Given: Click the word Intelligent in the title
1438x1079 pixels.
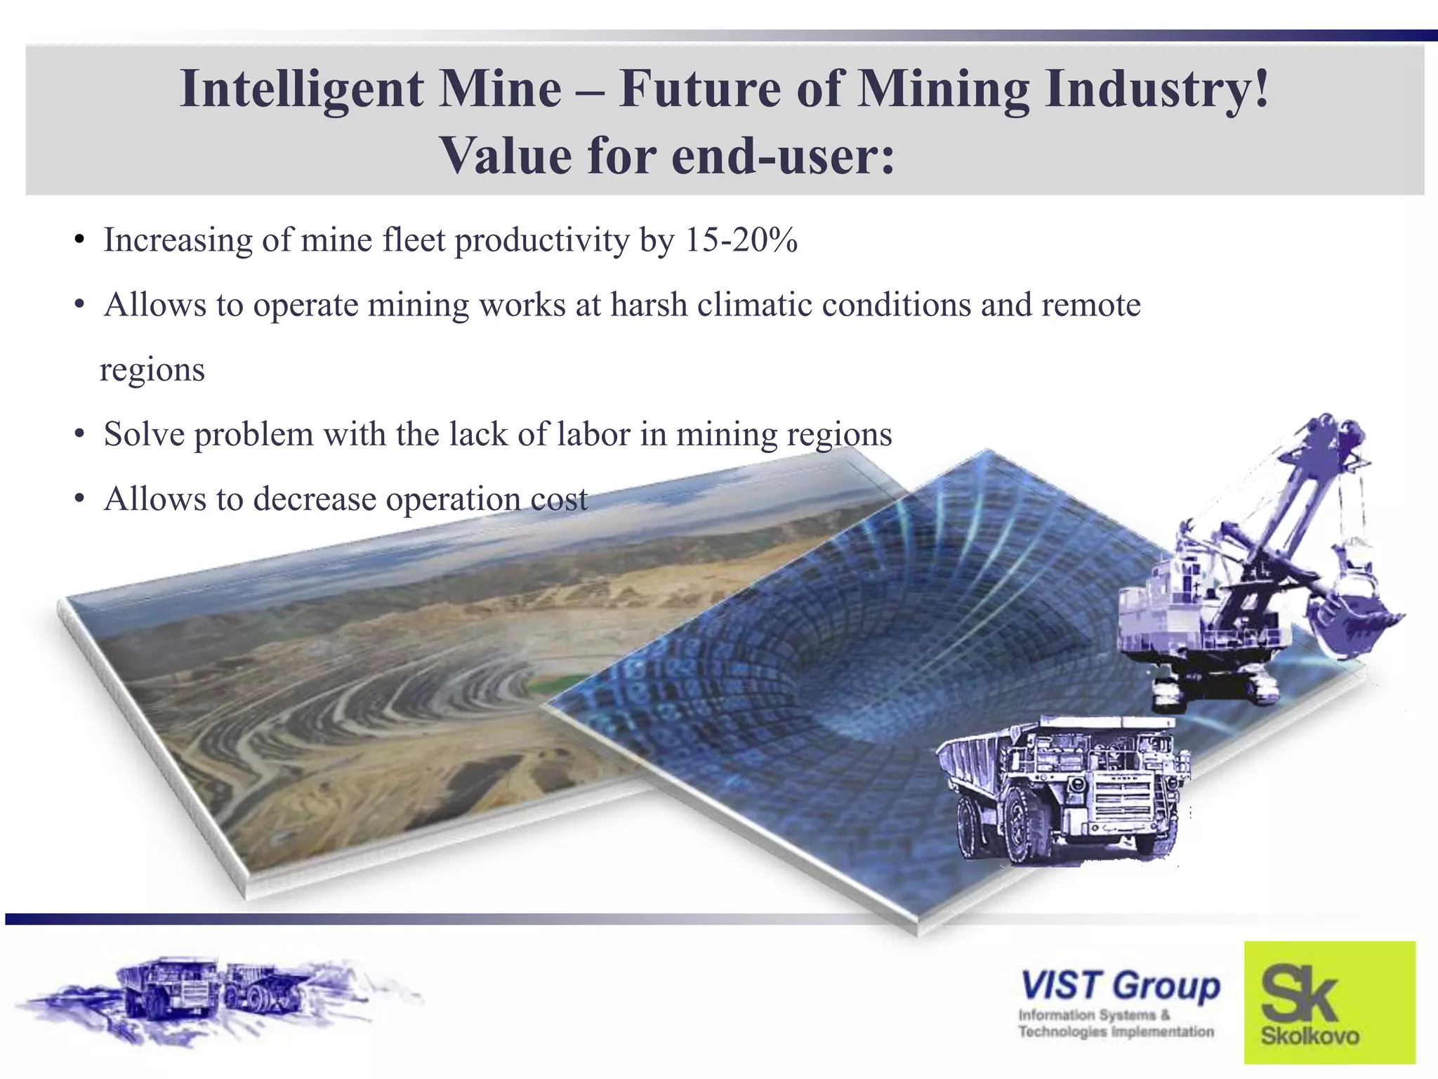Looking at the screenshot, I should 301,90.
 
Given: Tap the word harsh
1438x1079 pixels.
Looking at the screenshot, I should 649,305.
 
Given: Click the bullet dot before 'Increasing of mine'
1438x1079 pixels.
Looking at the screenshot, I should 79,241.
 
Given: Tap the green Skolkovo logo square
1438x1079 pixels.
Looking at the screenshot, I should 1329,1002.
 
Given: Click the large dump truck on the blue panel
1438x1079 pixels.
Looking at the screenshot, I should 1064,787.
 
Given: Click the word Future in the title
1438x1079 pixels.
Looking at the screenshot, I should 699,90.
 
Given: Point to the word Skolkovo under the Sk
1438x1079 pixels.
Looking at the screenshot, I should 1310,1036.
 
